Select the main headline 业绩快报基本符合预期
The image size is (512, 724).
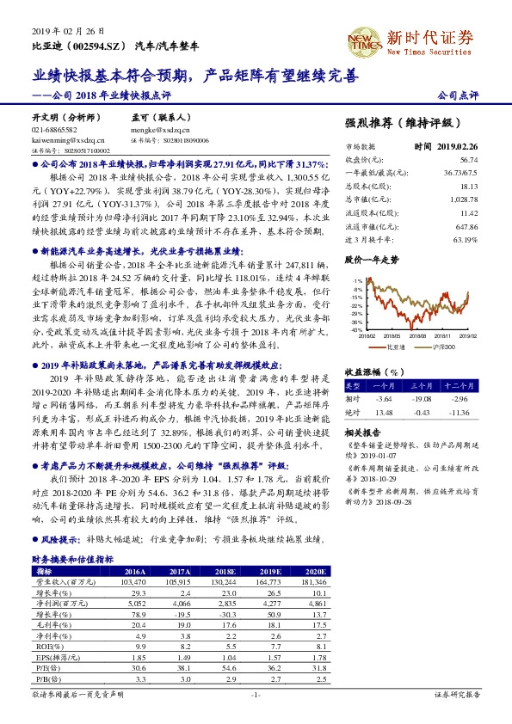click(115, 75)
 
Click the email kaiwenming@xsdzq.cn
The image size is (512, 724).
click(67, 138)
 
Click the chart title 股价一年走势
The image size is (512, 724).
click(370, 258)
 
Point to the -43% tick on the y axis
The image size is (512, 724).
click(357, 329)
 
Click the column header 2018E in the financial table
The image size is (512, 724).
click(225, 571)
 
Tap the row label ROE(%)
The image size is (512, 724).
click(45, 644)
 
